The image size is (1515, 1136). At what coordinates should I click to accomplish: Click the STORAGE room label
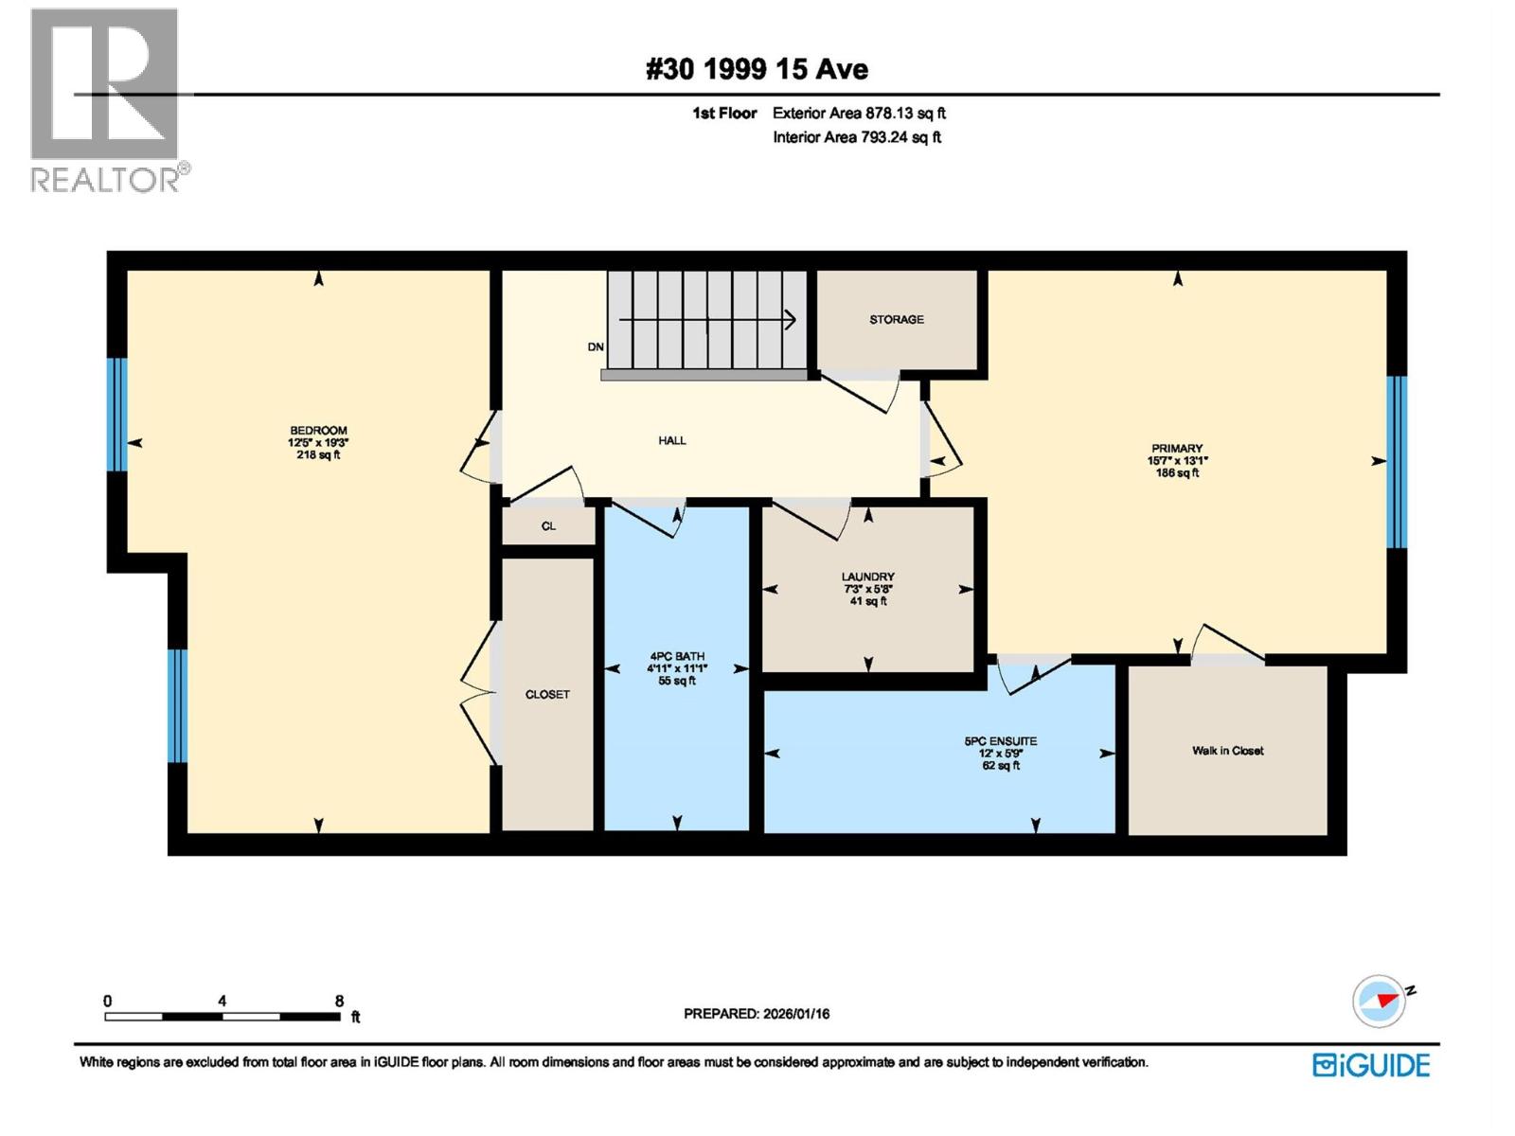tap(896, 319)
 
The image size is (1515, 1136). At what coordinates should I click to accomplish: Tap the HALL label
tap(671, 440)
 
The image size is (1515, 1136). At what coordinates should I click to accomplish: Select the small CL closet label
tap(548, 525)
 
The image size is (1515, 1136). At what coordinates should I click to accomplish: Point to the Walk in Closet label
tap(1227, 751)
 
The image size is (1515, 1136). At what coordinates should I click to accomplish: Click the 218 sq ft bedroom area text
tap(318, 454)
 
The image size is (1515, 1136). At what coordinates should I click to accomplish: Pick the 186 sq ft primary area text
tap(1177, 472)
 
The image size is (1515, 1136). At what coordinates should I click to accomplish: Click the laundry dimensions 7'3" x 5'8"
tap(867, 589)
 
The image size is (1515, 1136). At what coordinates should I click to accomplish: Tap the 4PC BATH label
tap(676, 656)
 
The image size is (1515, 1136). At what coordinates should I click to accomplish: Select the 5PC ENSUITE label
tap(1000, 741)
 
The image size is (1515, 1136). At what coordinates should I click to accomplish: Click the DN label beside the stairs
tap(595, 346)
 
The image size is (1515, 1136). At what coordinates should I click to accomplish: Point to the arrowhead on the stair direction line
tap(791, 319)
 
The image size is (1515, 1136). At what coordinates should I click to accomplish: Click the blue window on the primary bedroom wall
tap(1397, 461)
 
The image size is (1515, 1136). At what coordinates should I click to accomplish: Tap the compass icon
tap(1380, 1001)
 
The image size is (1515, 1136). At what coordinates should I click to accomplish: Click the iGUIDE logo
tap(1371, 1065)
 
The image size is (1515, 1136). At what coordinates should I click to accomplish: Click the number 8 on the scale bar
tap(338, 1000)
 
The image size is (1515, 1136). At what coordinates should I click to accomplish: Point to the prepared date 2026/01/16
tap(795, 1013)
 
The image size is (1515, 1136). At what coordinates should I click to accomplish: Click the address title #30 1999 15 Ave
tap(757, 69)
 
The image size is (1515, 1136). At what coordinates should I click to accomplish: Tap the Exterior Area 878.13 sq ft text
tap(859, 113)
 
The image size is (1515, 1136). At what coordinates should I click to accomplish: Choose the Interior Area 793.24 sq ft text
tap(857, 136)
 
